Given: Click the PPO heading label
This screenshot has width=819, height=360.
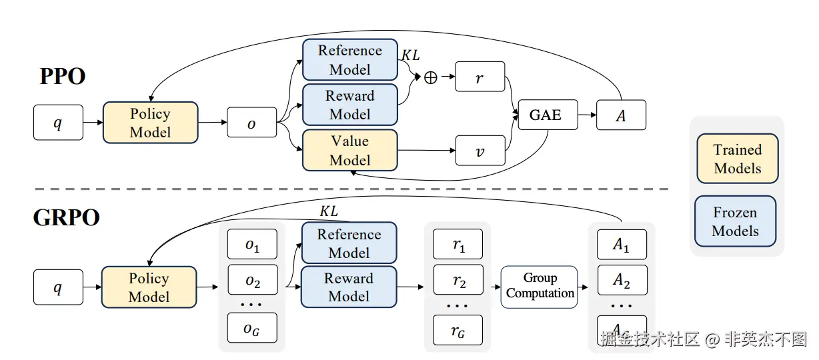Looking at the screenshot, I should [63, 77].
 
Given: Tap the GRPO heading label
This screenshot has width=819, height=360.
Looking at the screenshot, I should [67, 218].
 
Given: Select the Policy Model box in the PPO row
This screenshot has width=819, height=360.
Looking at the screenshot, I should [150, 122].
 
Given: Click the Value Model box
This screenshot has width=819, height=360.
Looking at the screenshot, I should [349, 150].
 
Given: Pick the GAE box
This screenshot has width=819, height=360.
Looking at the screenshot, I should [545, 115].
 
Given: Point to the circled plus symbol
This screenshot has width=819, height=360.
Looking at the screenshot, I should [431, 77].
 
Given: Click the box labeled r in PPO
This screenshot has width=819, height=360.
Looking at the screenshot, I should [480, 77].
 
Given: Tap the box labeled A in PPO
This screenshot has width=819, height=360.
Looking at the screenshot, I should [621, 115].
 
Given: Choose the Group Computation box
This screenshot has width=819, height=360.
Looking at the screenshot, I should [540, 287].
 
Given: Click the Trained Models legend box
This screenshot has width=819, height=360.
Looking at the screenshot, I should [737, 159].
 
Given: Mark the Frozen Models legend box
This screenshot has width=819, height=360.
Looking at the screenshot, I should [735, 221].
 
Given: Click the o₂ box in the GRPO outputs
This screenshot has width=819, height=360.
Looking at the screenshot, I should [252, 281].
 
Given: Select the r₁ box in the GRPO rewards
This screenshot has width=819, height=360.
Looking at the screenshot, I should [458, 245].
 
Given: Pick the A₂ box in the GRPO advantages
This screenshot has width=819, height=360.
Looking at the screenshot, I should [622, 281].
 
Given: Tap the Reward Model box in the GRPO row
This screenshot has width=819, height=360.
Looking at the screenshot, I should [349, 287].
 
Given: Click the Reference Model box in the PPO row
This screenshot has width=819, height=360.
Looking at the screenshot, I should [349, 60].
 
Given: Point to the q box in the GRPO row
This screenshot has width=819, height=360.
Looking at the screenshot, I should [58, 287].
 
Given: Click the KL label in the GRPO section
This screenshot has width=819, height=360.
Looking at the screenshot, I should [329, 211].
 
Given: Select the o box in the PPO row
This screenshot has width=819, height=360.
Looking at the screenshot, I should [251, 123].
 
